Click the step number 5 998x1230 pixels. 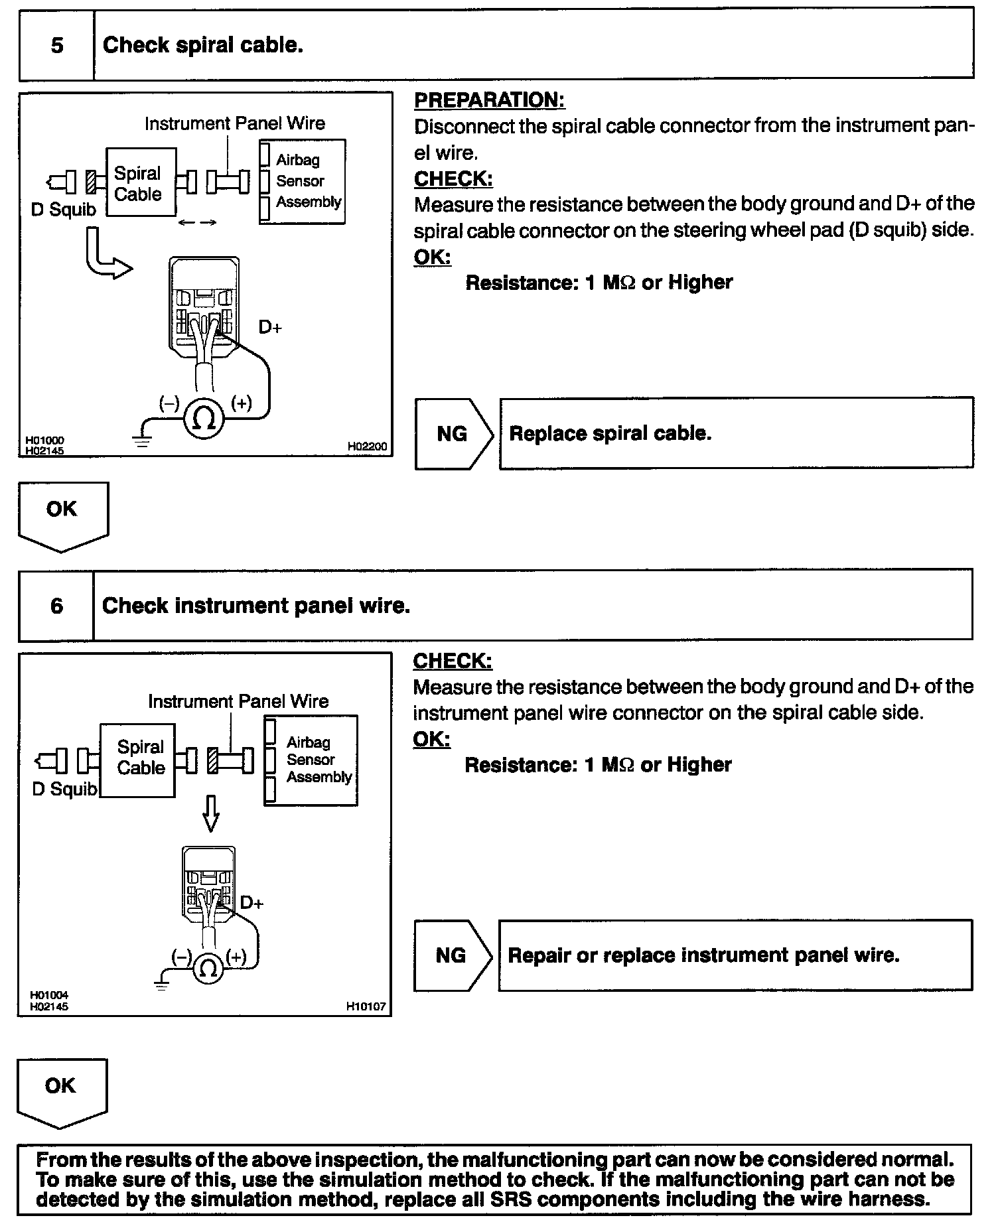(57, 45)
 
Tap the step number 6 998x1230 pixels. (57, 605)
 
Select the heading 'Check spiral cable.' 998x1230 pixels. (202, 45)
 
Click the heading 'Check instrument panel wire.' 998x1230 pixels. (256, 605)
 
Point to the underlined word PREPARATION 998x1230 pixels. (489, 100)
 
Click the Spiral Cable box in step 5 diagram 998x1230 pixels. (141, 182)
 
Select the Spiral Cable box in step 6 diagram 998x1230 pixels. (138, 759)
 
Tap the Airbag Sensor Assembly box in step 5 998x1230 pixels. (303, 181)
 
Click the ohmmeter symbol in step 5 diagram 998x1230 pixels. (204, 418)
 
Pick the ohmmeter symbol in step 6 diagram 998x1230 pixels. (208, 969)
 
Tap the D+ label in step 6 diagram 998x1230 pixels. (251, 902)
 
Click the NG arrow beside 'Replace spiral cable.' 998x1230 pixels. (453, 434)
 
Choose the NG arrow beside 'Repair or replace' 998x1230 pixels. (452, 955)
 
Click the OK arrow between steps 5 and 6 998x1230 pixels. (62, 515)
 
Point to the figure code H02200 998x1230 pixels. (366, 446)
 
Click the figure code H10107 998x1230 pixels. (366, 1006)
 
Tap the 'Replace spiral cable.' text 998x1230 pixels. (610, 434)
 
